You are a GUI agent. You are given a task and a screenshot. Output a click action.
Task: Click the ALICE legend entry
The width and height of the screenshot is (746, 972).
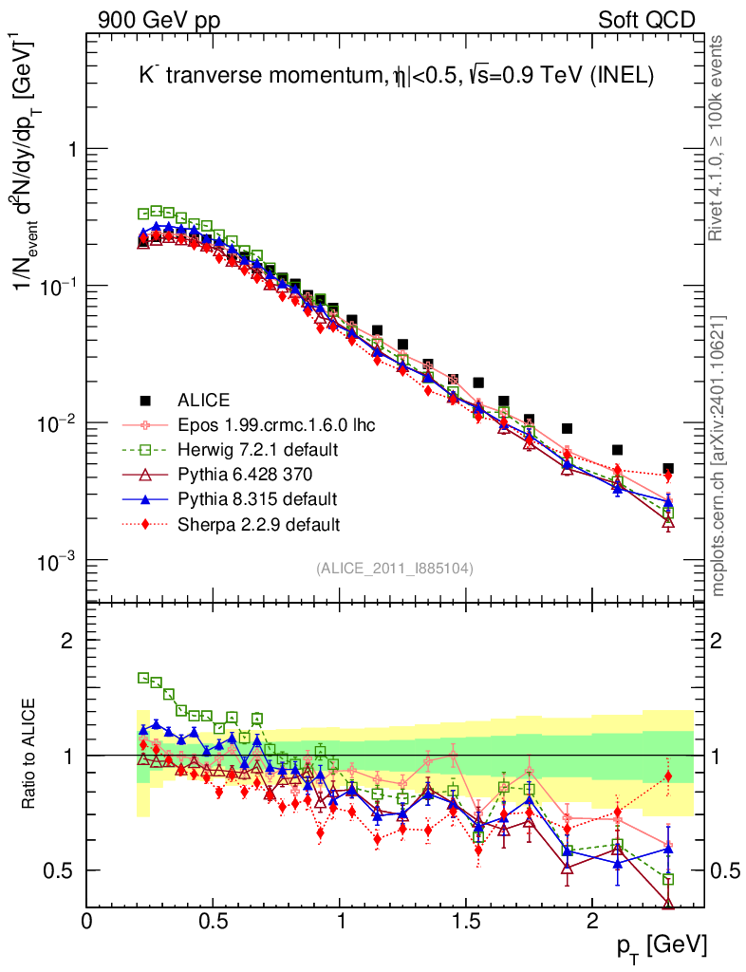(x=204, y=400)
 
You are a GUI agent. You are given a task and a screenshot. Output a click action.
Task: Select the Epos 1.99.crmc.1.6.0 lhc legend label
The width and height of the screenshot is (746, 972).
(x=275, y=424)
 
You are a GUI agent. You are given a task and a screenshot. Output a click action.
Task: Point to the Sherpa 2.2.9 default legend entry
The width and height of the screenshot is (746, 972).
(x=251, y=523)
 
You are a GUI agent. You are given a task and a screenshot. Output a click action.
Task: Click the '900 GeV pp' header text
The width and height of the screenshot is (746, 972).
(x=158, y=21)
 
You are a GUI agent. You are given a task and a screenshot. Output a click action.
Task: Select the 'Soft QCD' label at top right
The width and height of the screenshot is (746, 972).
(x=646, y=21)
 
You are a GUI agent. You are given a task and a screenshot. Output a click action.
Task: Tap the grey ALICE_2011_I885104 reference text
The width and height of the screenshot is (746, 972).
(x=395, y=569)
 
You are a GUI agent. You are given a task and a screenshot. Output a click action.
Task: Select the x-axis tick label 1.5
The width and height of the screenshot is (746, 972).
(x=465, y=922)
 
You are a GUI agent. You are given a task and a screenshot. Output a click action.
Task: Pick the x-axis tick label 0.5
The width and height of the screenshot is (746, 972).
(x=213, y=922)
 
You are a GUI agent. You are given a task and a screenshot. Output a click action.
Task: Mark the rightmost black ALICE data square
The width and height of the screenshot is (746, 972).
(x=668, y=469)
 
